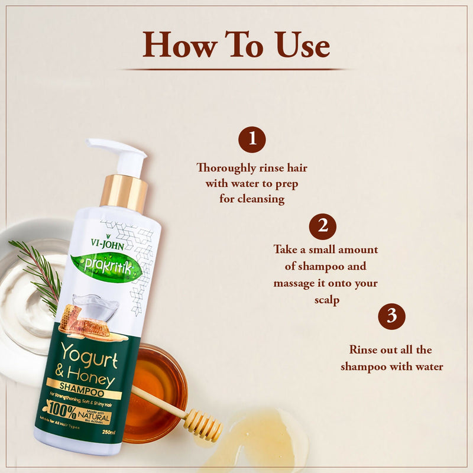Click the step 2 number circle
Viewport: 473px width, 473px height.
point(323,226)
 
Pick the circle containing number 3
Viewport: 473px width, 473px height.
point(391,316)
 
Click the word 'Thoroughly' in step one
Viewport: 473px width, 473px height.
point(226,168)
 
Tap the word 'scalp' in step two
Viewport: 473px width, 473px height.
point(327,300)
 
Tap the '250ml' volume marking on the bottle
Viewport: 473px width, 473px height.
point(110,433)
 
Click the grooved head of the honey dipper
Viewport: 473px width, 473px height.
point(202,424)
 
